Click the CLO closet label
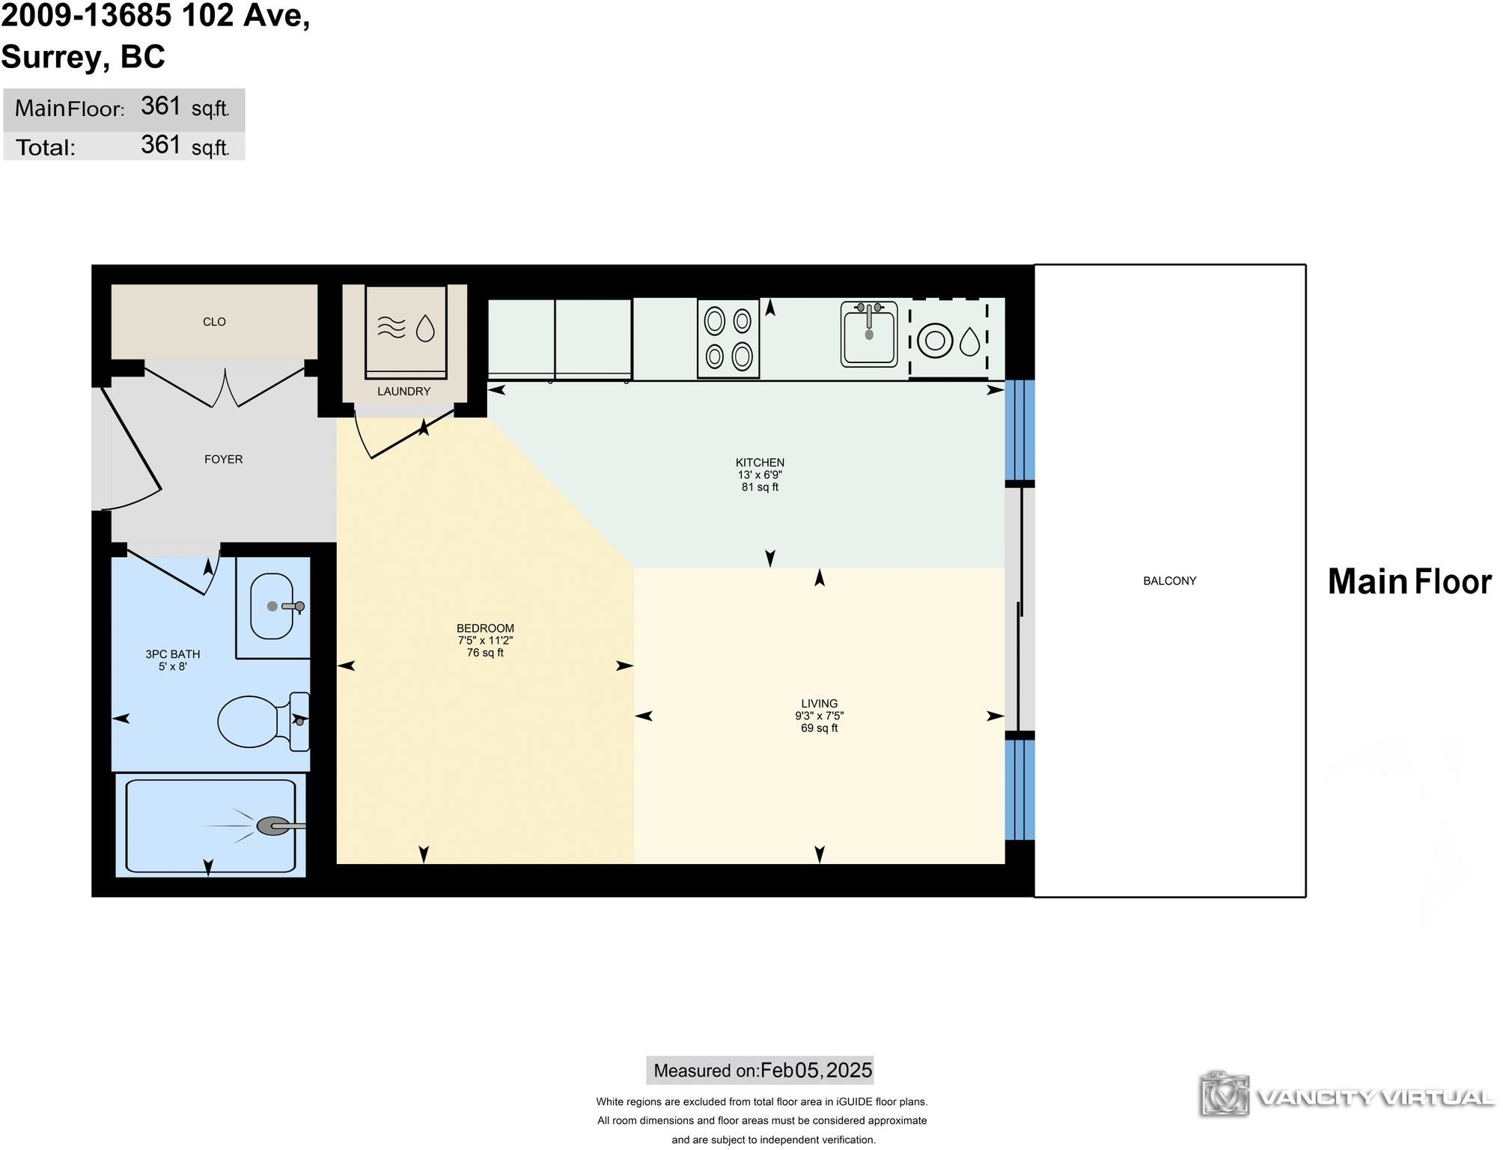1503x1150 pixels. point(214,322)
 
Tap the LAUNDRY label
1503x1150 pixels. point(403,392)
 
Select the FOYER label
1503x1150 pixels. point(223,460)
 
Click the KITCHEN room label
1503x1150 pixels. point(760,463)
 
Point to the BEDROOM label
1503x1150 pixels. point(485,629)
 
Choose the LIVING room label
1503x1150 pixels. point(819,704)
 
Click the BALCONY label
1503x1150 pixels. point(1169,581)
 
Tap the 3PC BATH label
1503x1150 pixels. point(172,654)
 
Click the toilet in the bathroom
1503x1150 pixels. point(263,721)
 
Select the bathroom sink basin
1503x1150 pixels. point(271,606)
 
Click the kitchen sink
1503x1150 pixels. point(868,335)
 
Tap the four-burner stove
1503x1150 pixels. point(728,338)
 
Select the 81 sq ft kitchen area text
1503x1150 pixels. point(760,487)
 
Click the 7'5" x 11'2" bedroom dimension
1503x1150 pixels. point(485,641)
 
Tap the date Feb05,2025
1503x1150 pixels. point(816,1070)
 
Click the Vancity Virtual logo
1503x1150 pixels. point(1348,1096)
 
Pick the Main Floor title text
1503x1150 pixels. point(1409,582)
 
